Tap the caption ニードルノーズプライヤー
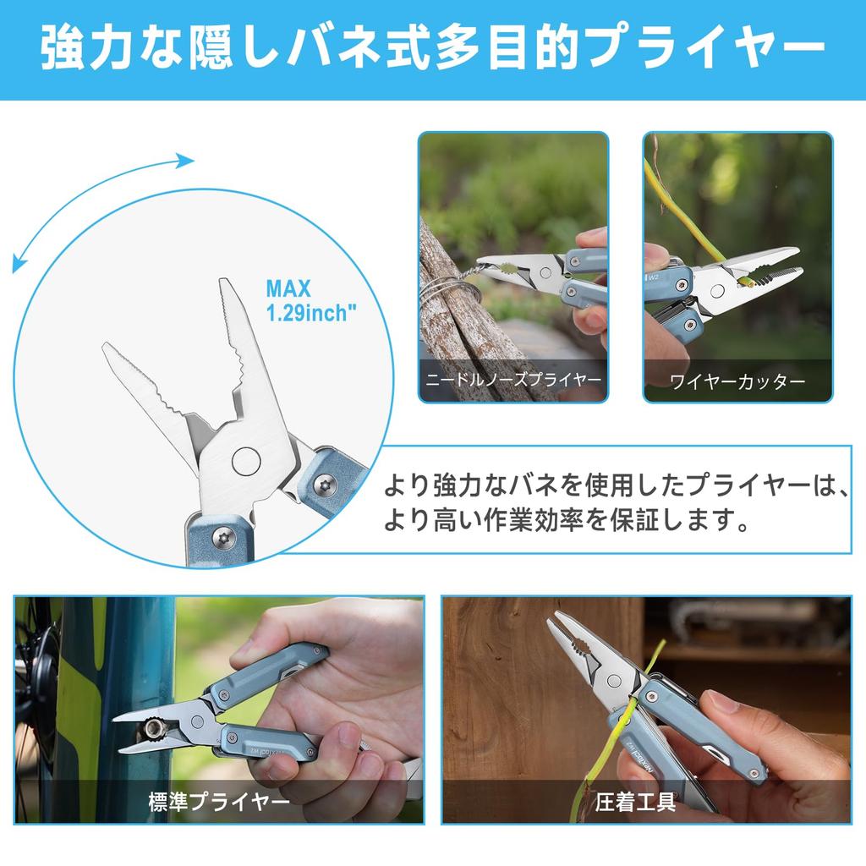point(513,380)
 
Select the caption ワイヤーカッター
point(737,381)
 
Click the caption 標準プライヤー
point(219,802)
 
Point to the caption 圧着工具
point(635,802)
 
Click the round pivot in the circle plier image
point(246,461)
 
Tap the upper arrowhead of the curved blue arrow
point(186,161)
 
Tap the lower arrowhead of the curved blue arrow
point(19,265)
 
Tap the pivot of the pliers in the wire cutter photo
point(717,291)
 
